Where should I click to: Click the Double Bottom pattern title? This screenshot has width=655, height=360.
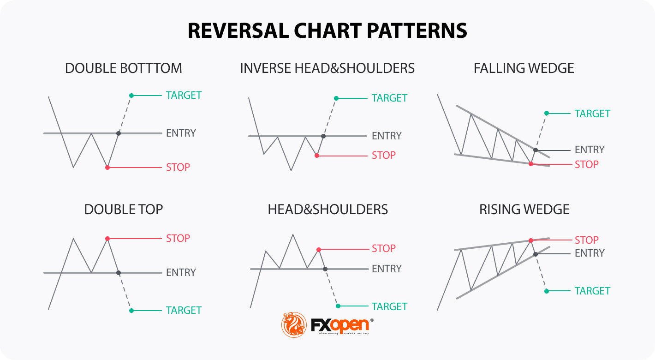[x=124, y=68]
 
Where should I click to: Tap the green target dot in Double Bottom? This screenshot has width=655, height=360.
[x=131, y=96]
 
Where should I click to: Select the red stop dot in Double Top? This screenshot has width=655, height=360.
[x=107, y=239]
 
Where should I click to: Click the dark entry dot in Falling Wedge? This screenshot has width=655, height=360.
[x=536, y=150]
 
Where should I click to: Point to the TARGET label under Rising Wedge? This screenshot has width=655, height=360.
[x=592, y=291]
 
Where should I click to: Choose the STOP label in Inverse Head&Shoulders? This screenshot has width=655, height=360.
[x=384, y=155]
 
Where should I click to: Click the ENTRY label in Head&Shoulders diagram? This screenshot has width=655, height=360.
[x=387, y=269]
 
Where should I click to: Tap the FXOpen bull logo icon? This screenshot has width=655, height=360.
[x=294, y=324]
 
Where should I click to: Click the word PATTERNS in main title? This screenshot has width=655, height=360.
[x=417, y=31]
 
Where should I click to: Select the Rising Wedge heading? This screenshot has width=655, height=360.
[x=524, y=210]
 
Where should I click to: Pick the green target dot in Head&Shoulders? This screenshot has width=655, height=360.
[x=338, y=306]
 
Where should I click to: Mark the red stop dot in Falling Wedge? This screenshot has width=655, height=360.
[x=531, y=164]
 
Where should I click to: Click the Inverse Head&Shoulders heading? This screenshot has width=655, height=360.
[x=327, y=68]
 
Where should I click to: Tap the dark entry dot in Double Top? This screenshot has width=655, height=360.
[x=119, y=273]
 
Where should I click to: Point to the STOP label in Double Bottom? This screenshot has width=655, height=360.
[x=178, y=167]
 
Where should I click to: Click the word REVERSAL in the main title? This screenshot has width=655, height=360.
[x=238, y=31]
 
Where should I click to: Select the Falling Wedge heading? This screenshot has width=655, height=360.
[x=524, y=68]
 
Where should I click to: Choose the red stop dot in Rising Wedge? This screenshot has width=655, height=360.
[x=531, y=240]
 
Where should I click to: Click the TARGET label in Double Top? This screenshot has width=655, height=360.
[x=184, y=310]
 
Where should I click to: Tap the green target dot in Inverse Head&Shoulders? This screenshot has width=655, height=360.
[x=336, y=98]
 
